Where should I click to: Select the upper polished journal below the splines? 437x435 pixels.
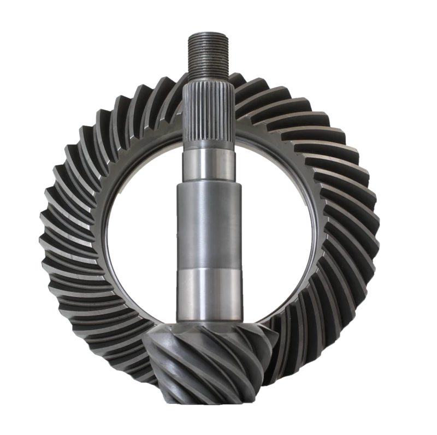tap(209, 164)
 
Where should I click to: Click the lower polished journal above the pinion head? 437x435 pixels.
tap(209, 295)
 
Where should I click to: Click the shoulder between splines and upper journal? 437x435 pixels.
tap(209, 146)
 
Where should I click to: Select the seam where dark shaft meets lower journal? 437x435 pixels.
tap(209, 269)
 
